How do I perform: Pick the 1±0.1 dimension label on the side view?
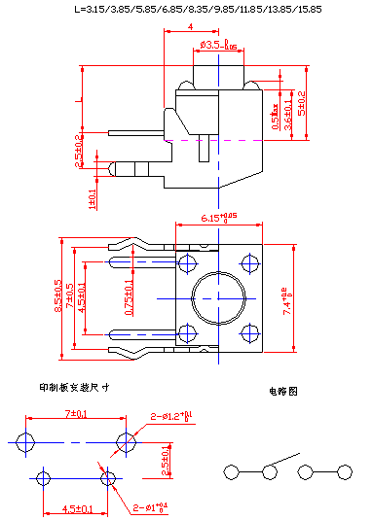point(93,198)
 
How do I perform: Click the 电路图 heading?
point(283,392)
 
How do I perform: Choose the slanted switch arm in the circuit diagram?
point(283,461)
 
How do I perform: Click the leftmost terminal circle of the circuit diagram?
point(232,472)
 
